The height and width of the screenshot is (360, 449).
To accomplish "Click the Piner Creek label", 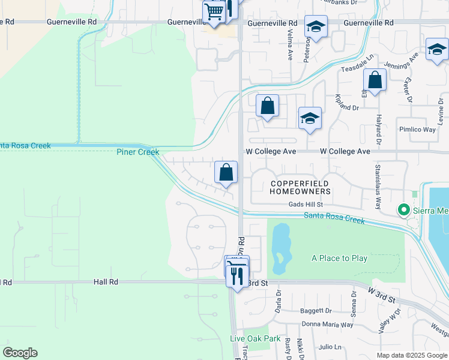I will [138, 152].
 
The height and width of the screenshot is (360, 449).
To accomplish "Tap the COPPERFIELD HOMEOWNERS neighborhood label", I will [300, 187].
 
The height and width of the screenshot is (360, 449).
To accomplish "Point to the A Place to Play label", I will [339, 258].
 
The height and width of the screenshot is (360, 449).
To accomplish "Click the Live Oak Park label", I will [255, 338].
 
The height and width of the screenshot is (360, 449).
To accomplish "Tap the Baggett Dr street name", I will [316, 311].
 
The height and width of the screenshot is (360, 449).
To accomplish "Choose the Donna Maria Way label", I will [328, 324].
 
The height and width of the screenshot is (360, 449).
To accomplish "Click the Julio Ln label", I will [330, 347].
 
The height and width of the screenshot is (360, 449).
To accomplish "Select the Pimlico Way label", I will [417, 129].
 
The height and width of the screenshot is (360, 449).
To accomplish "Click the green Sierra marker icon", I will [404, 210].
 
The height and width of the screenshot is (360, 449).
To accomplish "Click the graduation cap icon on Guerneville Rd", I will [316, 26].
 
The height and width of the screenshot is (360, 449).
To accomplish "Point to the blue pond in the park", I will [280, 248].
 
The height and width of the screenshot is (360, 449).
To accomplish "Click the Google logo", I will [20, 353].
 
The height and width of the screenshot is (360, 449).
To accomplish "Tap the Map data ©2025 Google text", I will [411, 355].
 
